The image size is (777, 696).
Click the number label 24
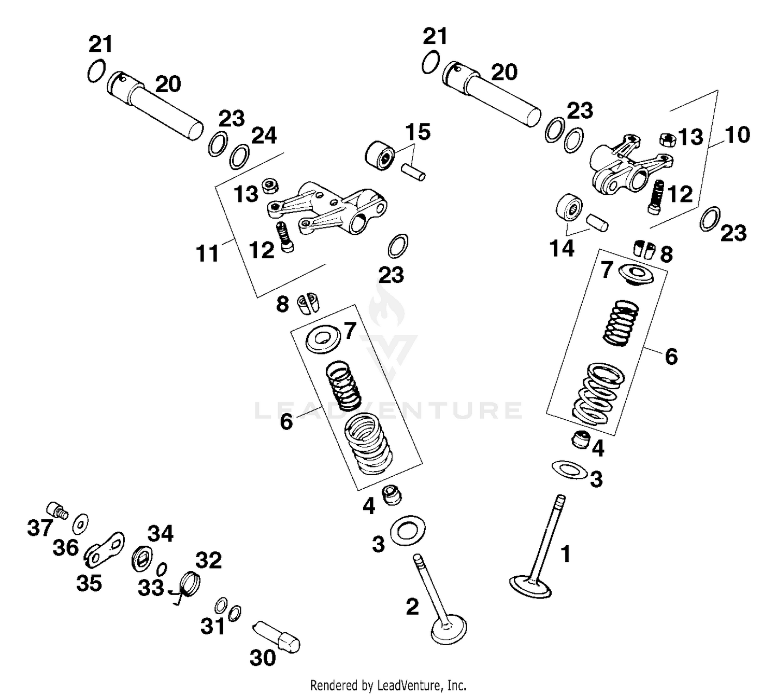(264, 136)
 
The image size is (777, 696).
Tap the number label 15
(418, 132)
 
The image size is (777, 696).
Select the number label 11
(208, 254)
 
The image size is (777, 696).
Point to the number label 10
(737, 135)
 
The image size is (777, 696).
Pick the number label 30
(263, 658)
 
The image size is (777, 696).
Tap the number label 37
(40, 528)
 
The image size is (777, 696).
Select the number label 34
(161, 533)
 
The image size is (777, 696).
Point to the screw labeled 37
(56, 509)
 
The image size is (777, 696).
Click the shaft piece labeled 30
(277, 635)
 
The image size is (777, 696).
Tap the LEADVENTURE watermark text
(388, 410)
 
